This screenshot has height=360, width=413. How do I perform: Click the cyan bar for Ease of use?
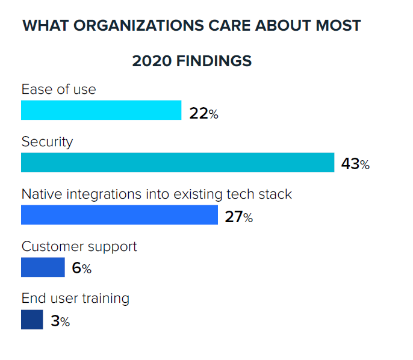(101, 110)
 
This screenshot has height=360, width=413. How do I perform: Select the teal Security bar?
(178, 163)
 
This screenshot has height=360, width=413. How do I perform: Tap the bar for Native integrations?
(119, 215)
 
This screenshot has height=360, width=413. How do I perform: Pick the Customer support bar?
(43, 267)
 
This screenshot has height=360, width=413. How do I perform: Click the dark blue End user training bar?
(32, 320)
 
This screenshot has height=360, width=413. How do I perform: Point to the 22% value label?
(203, 113)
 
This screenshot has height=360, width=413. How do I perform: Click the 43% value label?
(355, 164)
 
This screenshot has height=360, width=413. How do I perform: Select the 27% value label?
(239, 217)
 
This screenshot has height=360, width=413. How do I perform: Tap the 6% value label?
(81, 268)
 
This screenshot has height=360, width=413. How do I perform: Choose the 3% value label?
(60, 321)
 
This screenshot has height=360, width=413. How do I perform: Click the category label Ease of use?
(58, 89)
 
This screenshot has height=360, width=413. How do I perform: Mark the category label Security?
(47, 142)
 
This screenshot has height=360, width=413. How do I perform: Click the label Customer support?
(79, 247)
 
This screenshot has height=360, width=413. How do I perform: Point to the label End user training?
(75, 299)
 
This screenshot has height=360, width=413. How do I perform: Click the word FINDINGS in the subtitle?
(214, 61)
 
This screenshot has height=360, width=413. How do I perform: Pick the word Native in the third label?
(40, 194)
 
